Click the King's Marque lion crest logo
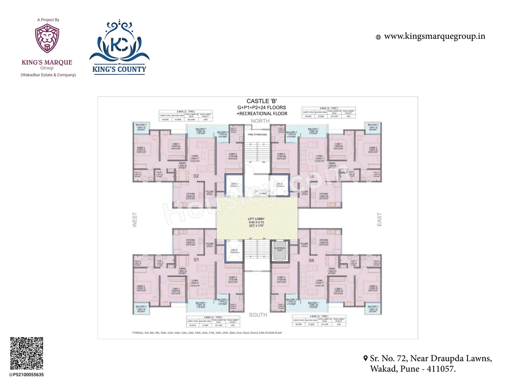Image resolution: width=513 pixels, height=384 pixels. tap(47, 38)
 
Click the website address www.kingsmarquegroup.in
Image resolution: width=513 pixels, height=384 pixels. tap(434, 36)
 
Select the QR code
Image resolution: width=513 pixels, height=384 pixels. tap(26, 353)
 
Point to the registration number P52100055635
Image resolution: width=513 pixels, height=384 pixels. tap(28, 375)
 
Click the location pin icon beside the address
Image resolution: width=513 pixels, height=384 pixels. tap(366, 358)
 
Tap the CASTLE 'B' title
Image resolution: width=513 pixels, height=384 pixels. tap(262, 101)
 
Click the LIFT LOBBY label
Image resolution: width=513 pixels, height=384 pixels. tap(256, 219)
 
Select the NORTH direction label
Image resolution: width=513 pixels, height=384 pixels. tap(260, 121)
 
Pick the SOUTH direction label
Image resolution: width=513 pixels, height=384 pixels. tap(258, 315)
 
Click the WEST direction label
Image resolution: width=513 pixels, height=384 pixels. tap(135, 220)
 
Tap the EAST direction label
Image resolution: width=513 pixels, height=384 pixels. tap(379, 220)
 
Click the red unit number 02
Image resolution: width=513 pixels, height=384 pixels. tap(196, 176)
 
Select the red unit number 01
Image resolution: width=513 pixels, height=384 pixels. tap(196, 260)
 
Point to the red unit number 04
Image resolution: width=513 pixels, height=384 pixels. tap(311, 260)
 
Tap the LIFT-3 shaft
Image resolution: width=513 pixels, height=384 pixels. tap(234, 251)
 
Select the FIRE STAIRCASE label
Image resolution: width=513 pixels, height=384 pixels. tap(257, 135)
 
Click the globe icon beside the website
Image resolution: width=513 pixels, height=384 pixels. tap(378, 37)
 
